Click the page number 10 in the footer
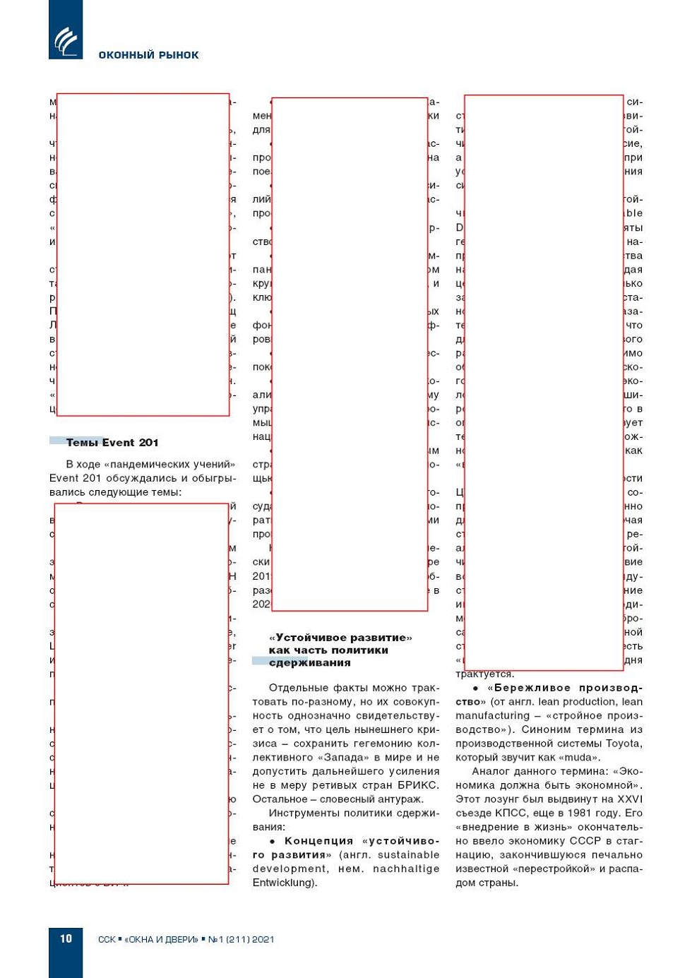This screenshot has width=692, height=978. click(66, 938)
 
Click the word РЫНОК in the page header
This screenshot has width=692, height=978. click(179, 55)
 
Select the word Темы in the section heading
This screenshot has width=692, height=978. click(83, 443)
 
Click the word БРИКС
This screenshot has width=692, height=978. click(417, 785)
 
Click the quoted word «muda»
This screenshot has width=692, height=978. click(579, 758)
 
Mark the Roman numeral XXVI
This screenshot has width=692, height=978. click(630, 799)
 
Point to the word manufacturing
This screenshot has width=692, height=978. click(492, 716)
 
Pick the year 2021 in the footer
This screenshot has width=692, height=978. click(263, 939)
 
